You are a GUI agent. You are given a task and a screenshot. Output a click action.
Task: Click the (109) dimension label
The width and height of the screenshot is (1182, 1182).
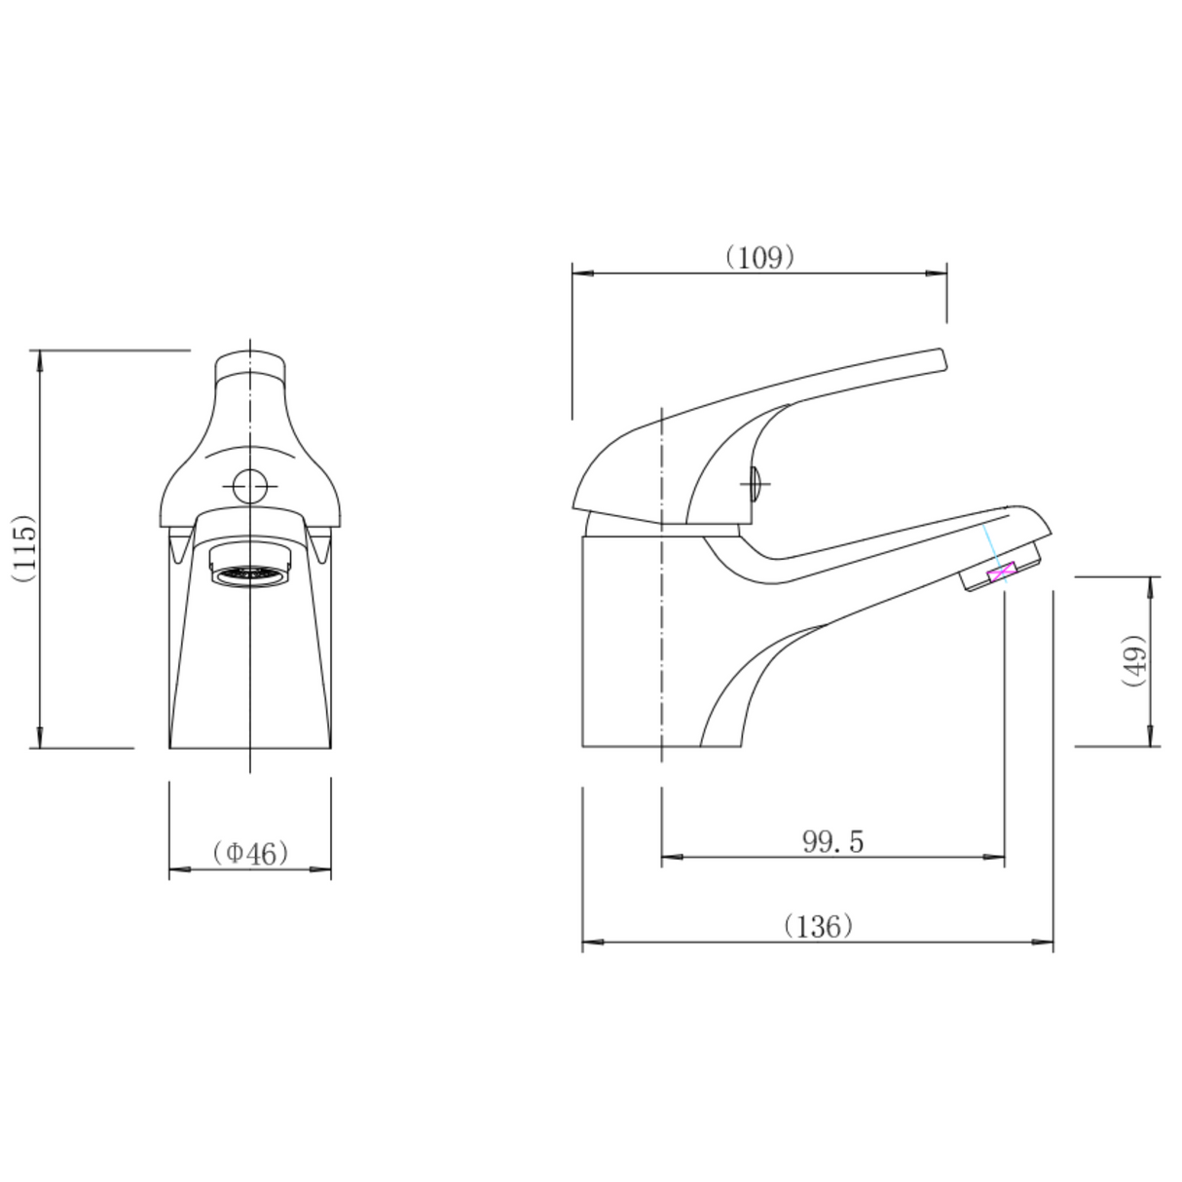[760, 257]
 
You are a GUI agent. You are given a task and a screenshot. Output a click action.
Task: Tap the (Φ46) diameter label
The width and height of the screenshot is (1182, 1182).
[250, 853]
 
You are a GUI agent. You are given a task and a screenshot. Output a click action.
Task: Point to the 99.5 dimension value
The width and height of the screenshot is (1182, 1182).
[832, 842]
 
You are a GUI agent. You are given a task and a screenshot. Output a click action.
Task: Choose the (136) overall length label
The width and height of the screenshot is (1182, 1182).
[818, 926]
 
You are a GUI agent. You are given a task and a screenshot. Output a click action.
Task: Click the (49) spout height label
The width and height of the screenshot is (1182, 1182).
[1135, 661]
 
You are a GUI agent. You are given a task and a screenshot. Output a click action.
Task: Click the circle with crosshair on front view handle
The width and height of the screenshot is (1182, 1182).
[250, 485]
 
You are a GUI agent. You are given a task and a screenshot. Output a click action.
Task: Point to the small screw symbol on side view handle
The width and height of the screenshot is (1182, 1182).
[755, 482]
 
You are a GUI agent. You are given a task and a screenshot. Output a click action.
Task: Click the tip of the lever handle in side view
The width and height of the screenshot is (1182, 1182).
[941, 359]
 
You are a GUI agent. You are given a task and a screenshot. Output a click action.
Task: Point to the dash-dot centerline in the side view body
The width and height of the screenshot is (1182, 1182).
[662, 633]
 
